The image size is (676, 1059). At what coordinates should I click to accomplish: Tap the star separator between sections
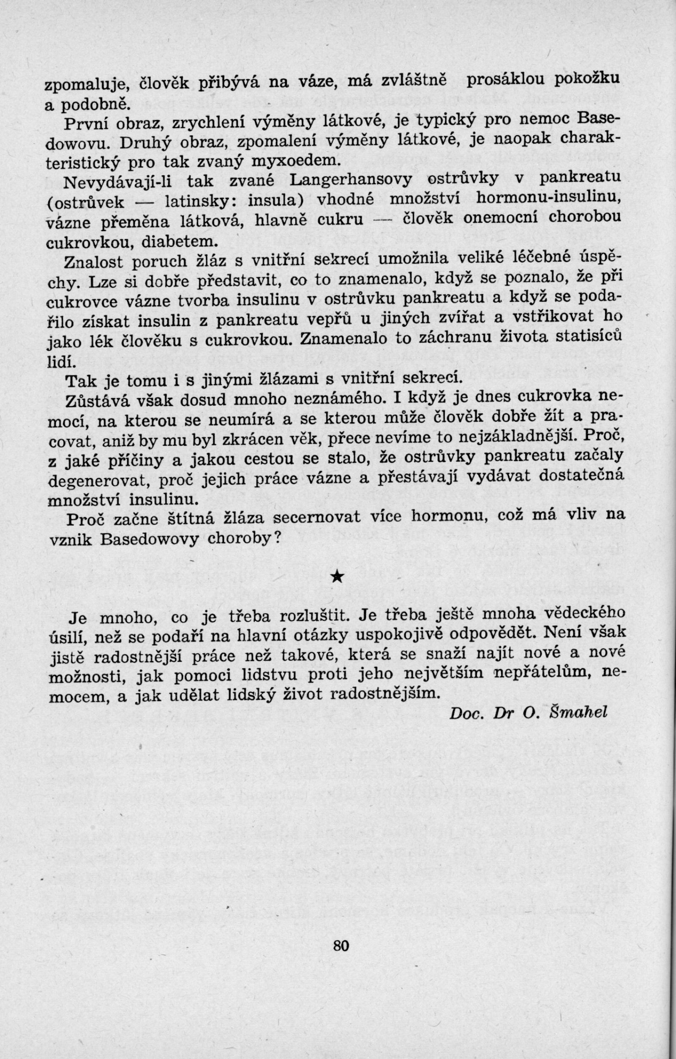336,576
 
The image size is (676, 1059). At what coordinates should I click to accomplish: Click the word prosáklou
504,80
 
